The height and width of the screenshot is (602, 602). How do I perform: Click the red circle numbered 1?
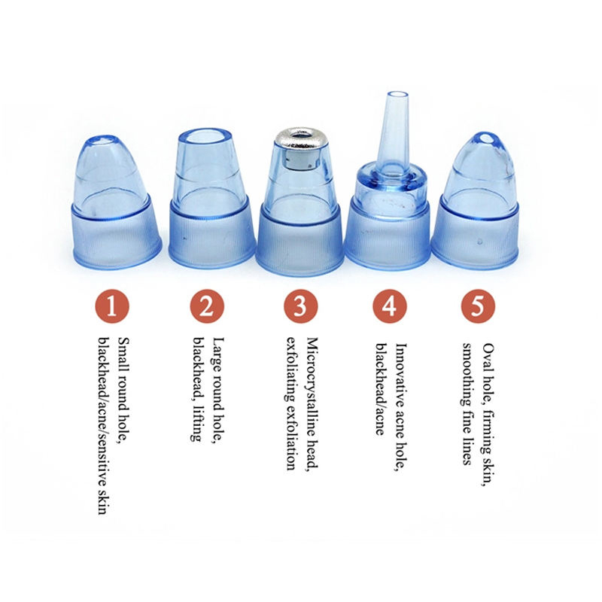tap(111, 306)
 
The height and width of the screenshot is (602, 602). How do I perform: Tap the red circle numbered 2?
tap(206, 306)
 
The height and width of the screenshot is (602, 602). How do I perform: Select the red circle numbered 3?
tap(300, 306)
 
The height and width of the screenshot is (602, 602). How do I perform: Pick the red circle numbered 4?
tap(389, 306)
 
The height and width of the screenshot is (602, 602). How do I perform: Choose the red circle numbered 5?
tap(478, 306)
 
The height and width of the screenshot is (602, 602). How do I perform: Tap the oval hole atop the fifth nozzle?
tap(485, 138)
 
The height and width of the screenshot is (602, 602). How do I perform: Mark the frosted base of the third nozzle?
tap(300, 241)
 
